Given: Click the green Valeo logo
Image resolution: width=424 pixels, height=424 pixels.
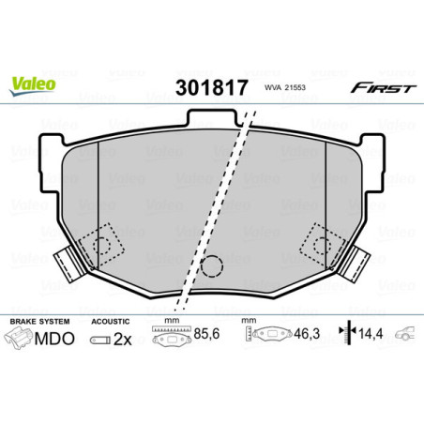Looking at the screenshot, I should point(33,84).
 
